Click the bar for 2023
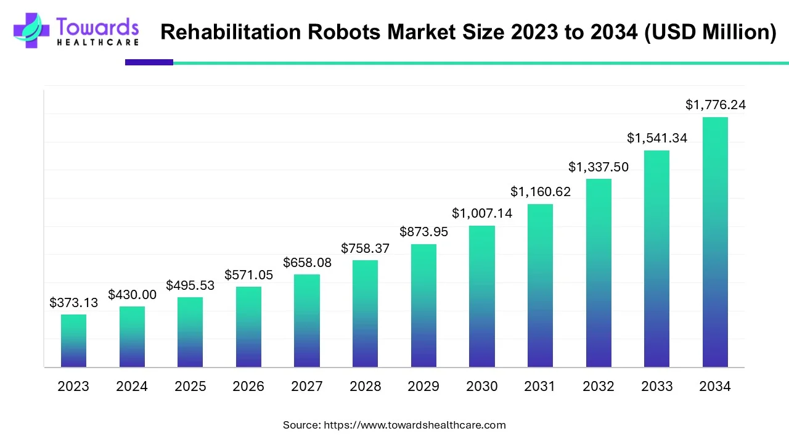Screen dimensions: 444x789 73,341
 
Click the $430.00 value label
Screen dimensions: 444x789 132,295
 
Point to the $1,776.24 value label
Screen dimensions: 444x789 715,105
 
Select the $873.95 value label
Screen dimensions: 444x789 423,232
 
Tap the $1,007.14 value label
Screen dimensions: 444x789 482,213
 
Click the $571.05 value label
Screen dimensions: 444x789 248,274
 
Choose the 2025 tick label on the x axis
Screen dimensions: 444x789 190,387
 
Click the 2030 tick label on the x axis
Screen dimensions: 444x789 482,387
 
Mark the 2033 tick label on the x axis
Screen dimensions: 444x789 657,387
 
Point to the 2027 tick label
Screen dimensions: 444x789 307,387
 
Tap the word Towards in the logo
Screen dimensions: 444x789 97,27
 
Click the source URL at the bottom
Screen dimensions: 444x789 414,425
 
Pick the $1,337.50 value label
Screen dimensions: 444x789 599,167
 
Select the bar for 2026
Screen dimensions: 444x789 248,327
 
